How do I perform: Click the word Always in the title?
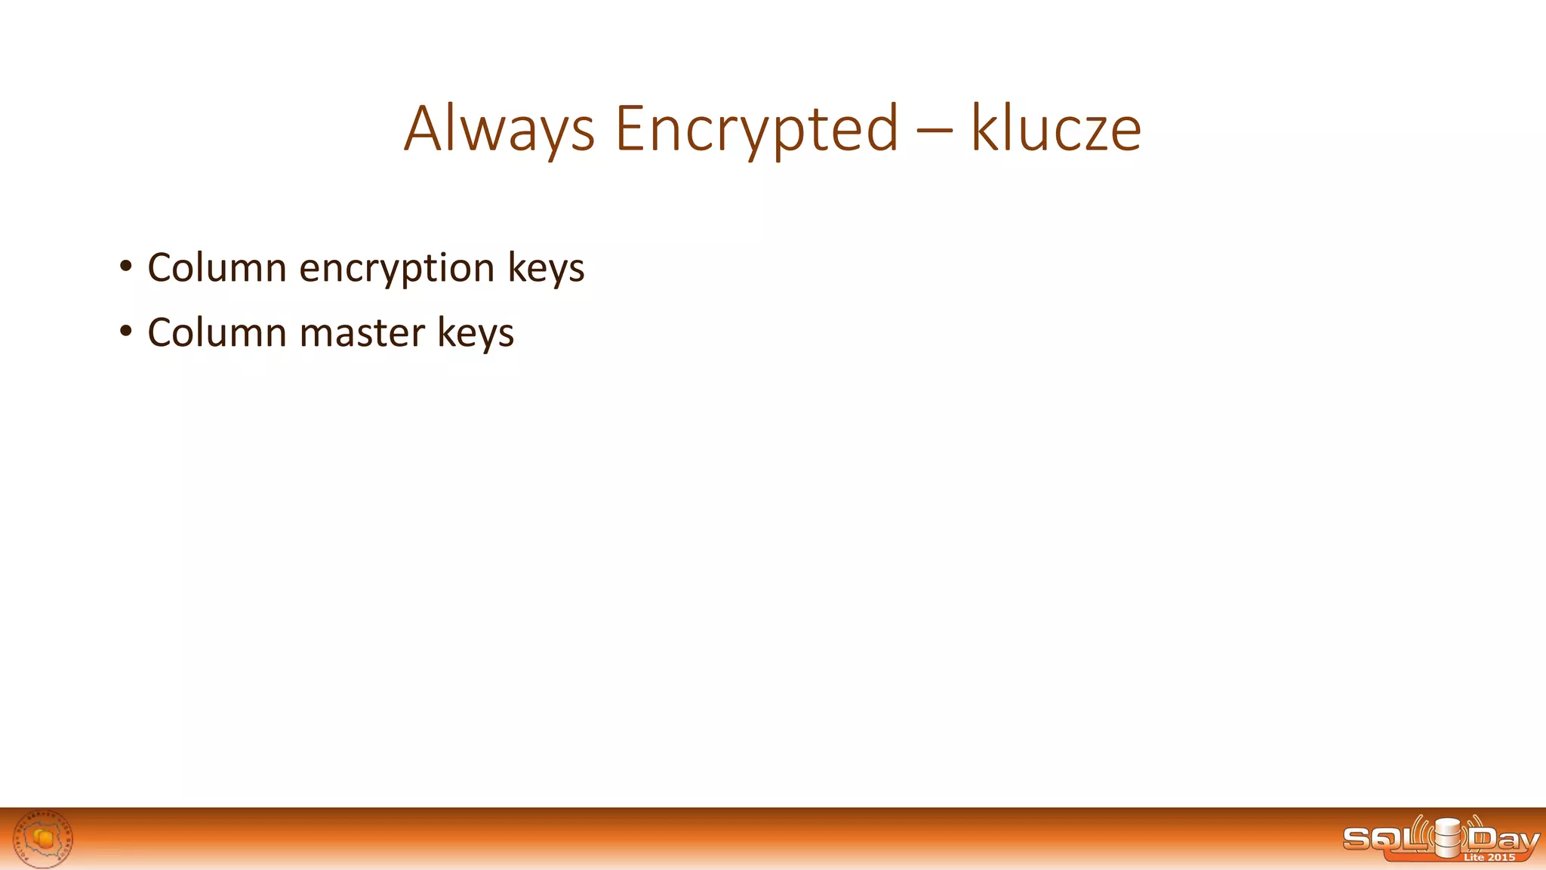[x=499, y=128]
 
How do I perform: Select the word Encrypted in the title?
[x=756, y=128]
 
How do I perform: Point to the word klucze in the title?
[x=1055, y=128]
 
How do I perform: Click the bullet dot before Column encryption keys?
[x=125, y=267]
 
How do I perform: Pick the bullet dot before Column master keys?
[x=125, y=332]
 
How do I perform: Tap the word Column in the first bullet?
[x=217, y=267]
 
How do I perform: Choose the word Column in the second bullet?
[x=217, y=332]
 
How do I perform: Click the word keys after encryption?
[x=546, y=268]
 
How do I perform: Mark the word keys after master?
[x=476, y=333]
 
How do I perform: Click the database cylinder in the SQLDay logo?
[x=1447, y=838]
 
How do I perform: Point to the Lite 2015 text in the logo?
[x=1489, y=857]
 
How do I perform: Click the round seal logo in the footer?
[x=44, y=838]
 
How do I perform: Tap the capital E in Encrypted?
[x=631, y=128]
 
